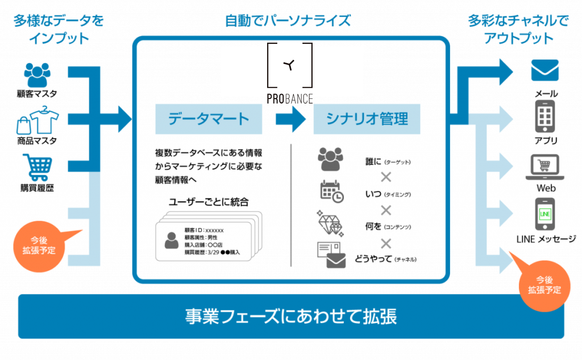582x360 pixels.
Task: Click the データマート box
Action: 209,119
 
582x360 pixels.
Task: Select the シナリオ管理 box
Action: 367,119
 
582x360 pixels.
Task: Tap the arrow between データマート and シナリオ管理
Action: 290,119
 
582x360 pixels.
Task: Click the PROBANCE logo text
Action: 290,99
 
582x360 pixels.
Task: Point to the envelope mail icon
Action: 544,71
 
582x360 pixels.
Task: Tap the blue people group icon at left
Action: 38,75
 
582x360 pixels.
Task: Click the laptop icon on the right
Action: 544,166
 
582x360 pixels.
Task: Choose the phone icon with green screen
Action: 544,214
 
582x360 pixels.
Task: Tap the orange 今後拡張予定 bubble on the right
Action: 544,285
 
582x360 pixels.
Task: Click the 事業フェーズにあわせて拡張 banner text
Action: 291,316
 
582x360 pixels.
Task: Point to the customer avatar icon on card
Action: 171,240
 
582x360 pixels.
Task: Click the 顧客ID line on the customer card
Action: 204,230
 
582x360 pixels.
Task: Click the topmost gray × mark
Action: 386,177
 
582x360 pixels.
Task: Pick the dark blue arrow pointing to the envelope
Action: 489,71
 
